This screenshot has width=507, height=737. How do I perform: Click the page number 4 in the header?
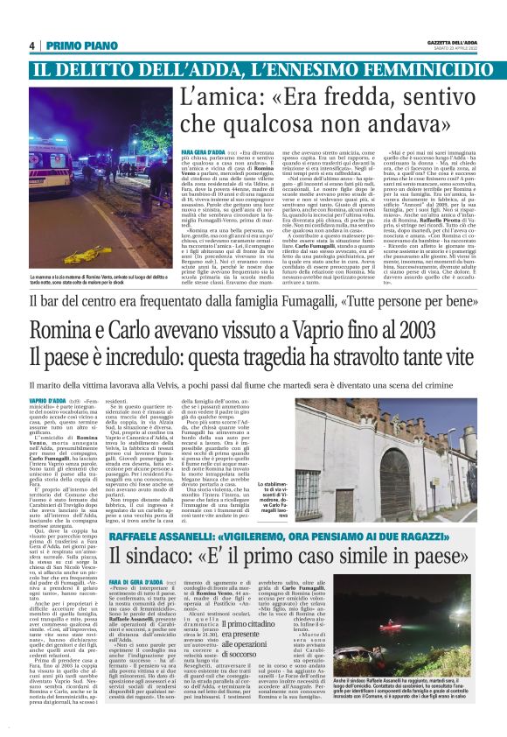tap(31, 46)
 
